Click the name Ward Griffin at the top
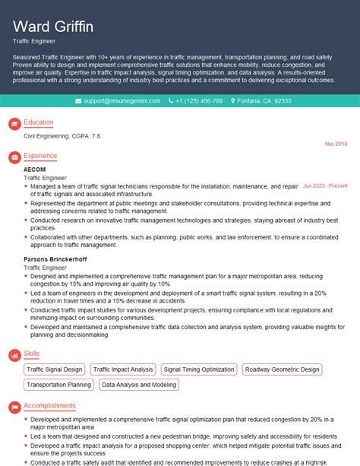click(54, 27)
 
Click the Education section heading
click(39, 122)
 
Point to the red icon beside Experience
click(13, 157)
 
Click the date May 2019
click(336, 144)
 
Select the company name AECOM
click(35, 169)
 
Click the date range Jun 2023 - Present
click(325, 185)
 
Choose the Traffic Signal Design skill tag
click(55, 369)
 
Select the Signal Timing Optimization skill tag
click(199, 369)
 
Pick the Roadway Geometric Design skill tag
click(283, 369)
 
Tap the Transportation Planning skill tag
click(58, 385)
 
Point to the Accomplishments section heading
click(49, 406)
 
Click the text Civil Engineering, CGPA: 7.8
click(62, 135)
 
